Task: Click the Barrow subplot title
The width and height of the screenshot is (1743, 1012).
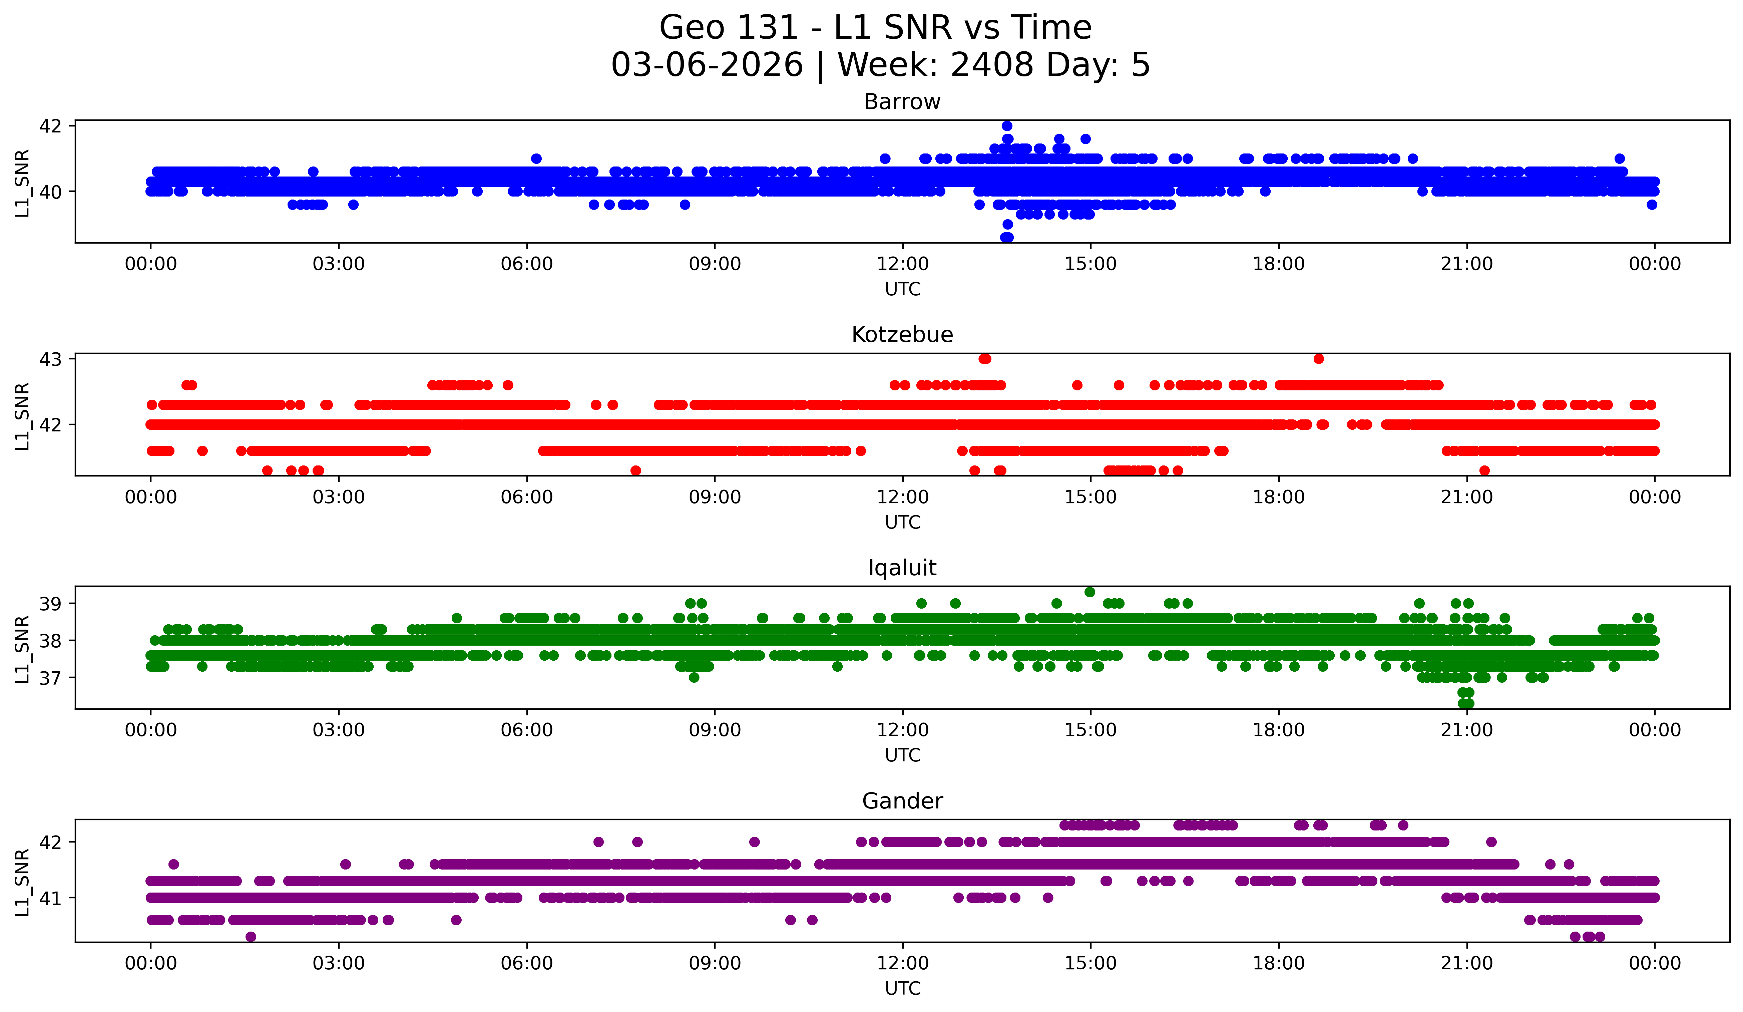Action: (902, 102)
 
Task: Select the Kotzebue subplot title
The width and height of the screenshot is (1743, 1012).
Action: (902, 335)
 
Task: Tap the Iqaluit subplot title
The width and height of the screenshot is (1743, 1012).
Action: (902, 568)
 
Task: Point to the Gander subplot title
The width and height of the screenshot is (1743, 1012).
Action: (902, 801)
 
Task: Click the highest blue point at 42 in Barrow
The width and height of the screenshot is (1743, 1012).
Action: (1007, 126)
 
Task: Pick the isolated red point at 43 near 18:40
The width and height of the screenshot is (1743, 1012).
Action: (1318, 358)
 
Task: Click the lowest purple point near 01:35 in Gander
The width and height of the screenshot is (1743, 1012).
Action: (251, 937)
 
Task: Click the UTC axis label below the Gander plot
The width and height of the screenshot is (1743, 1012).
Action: (903, 989)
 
